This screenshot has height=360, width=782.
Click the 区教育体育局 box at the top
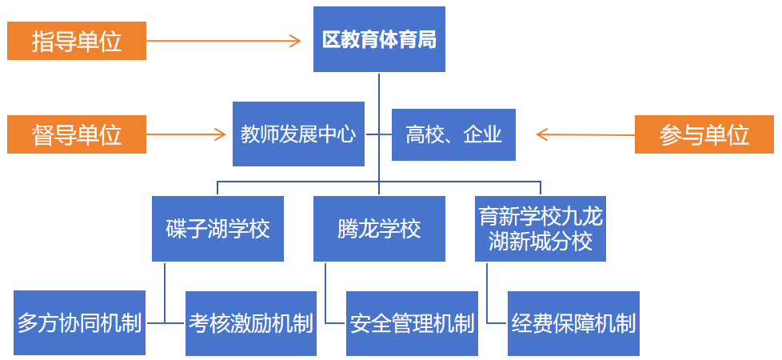tap(379, 39)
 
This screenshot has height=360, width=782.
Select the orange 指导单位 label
tap(77, 41)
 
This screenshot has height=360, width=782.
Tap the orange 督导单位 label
tap(77, 134)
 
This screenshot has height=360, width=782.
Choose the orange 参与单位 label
tap(704, 134)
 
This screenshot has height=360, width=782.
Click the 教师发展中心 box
tap(298, 134)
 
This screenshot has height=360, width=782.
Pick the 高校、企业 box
tap(453, 134)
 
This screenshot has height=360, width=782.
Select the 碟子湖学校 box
tap(217, 229)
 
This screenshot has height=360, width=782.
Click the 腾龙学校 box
tap(379, 229)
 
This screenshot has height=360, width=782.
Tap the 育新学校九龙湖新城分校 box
tap(540, 229)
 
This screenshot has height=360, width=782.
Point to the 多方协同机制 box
tap(80, 323)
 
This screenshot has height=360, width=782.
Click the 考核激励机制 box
tap(250, 323)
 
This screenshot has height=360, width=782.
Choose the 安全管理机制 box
tap(412, 323)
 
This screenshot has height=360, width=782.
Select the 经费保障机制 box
tap(573, 323)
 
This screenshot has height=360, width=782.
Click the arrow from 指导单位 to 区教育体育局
tap(224, 41)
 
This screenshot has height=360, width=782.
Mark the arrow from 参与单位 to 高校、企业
tap(584, 134)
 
